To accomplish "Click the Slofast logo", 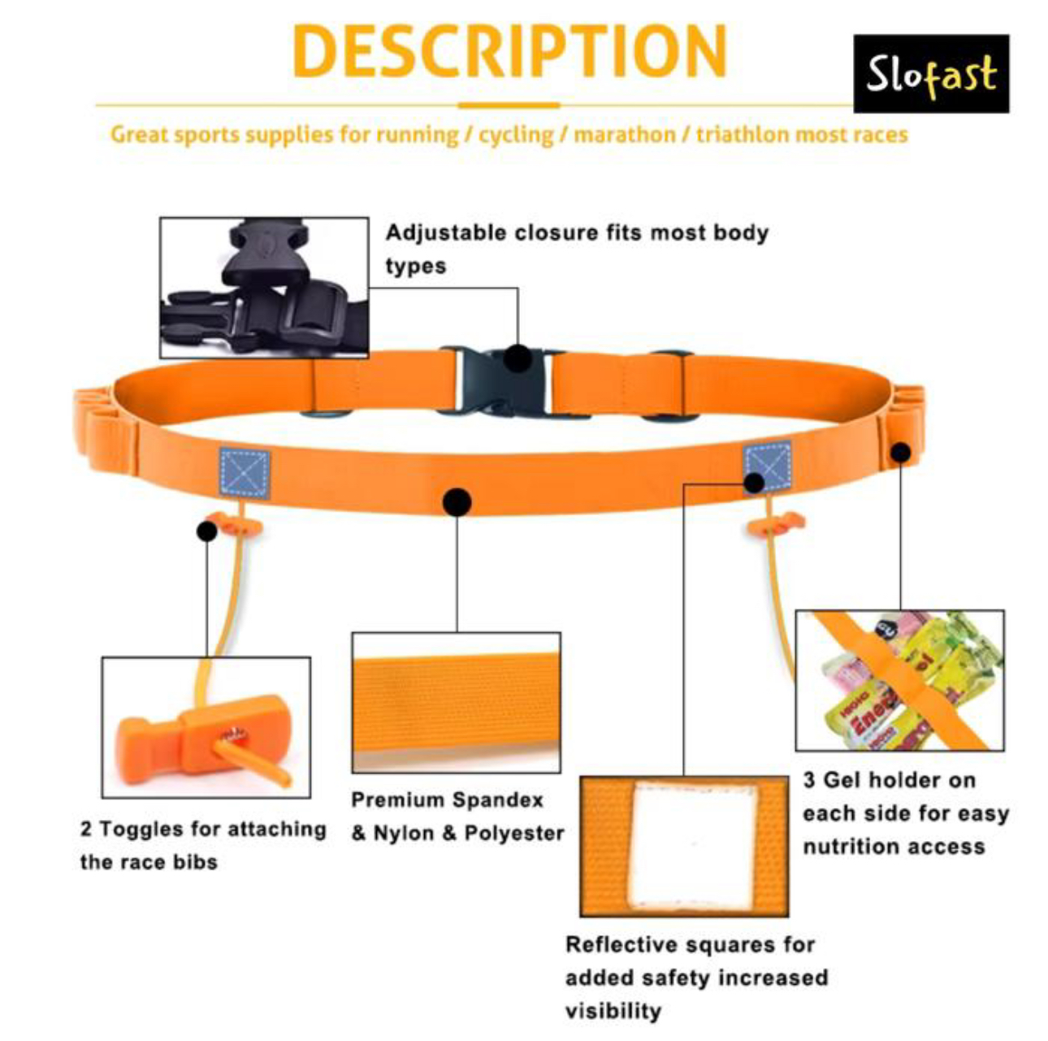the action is (x=931, y=74).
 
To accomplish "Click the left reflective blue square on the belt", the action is (x=245, y=473).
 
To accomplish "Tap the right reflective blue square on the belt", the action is (x=767, y=466).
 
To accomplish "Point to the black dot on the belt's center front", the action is (x=457, y=501).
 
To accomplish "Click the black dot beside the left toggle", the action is (x=206, y=531).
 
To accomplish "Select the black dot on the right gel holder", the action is (x=901, y=452).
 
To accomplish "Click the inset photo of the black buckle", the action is (x=264, y=288).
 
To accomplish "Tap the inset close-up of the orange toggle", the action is (x=206, y=727).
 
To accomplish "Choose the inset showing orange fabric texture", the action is (x=456, y=702).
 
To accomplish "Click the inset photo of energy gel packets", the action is (x=900, y=680).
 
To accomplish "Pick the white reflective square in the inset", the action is (x=695, y=847).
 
